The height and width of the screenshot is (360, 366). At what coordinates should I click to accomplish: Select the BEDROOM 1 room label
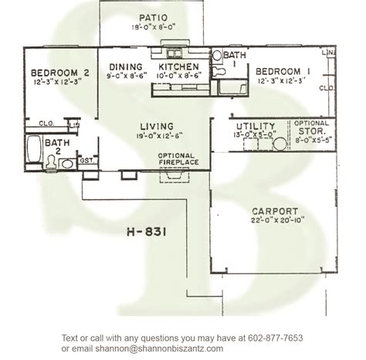click(283, 70)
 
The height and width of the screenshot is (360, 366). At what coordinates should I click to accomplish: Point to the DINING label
click(125, 66)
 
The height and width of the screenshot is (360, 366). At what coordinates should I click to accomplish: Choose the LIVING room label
click(156, 127)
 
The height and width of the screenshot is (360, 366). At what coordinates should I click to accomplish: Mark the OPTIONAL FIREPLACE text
click(177, 159)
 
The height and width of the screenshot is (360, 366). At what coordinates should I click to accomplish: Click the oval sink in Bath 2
click(66, 163)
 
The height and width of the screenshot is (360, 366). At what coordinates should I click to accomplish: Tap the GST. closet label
click(87, 161)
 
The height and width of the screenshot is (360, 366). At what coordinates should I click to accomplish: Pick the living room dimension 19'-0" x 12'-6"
click(156, 137)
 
